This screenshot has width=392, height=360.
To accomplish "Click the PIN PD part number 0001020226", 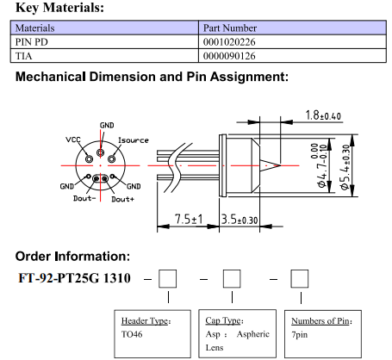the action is [x=229, y=42].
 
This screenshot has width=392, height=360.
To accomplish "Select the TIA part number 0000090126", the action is [x=229, y=56].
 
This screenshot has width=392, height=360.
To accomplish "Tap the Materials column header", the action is [x=34, y=28].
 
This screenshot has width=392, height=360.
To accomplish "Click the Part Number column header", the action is [x=230, y=28].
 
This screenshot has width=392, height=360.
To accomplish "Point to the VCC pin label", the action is [x=73, y=140].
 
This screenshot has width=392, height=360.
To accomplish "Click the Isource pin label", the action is [x=134, y=140].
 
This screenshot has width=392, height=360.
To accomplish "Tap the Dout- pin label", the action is [x=84, y=198].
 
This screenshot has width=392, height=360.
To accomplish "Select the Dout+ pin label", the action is [x=122, y=199].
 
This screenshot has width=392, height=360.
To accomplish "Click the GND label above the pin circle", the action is [x=107, y=126].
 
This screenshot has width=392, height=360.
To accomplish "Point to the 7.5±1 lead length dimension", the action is [x=189, y=220].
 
